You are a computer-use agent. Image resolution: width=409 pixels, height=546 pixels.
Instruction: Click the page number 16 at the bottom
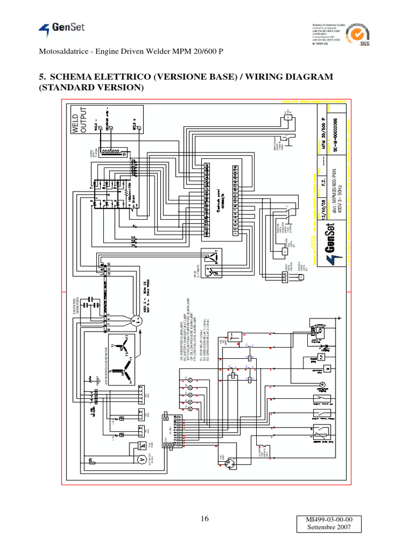point(205,520)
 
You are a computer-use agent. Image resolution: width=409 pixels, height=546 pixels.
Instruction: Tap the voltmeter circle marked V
point(142,458)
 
